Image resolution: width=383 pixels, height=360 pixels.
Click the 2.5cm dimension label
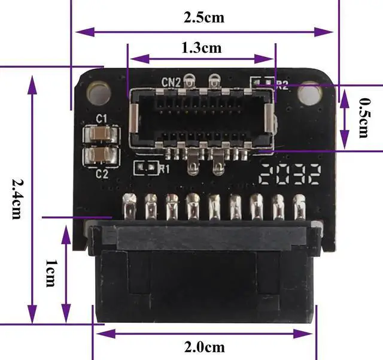coord(203,17)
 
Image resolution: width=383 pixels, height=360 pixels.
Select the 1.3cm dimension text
coord(201,47)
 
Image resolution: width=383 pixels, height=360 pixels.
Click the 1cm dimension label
coord(51,273)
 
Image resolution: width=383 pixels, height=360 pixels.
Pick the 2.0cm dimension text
coord(204,347)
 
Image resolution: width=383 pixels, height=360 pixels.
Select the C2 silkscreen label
coord(102,174)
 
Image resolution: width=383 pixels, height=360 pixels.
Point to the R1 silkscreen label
coord(164,169)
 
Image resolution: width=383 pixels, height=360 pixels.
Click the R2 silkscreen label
coord(281,84)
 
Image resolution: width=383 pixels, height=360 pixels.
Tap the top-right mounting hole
coord(307,93)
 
